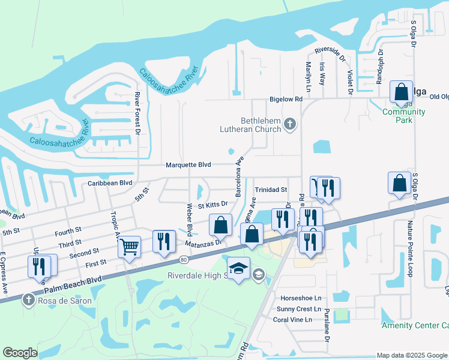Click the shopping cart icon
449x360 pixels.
click(x=130, y=246)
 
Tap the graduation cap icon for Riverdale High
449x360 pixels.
click(x=238, y=268)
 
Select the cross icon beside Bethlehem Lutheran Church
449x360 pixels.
click(x=290, y=124)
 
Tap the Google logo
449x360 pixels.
click(x=20, y=353)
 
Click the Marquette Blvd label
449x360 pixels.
click(x=188, y=165)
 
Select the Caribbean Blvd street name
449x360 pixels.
click(x=110, y=182)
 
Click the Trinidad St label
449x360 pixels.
click(x=271, y=189)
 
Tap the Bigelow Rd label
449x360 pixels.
click(x=286, y=99)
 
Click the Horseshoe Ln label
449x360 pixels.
click(x=301, y=298)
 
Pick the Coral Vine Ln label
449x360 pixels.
click(x=292, y=319)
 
